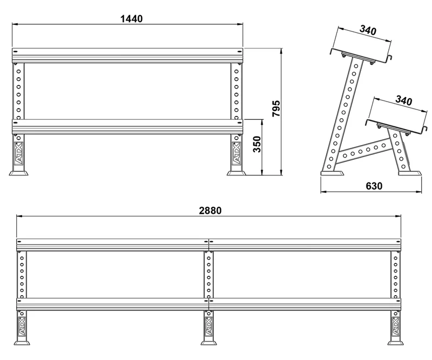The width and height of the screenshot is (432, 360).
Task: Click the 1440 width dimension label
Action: coord(132,19)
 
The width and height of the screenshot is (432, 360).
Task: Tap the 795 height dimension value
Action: coord(276,108)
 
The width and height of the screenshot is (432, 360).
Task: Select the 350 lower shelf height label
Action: coord(257,144)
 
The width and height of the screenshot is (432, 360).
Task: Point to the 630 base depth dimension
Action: coord(374,186)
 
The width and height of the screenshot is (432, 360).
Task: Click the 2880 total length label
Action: coord(210,210)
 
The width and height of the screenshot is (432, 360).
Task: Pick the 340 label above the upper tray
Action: coord(368,30)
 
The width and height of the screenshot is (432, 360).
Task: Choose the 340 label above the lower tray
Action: coord(403,100)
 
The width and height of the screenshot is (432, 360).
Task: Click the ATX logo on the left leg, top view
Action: coord(18,154)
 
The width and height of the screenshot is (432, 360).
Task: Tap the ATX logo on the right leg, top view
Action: coord(236,154)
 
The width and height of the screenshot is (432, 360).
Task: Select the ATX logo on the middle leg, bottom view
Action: coord(208,327)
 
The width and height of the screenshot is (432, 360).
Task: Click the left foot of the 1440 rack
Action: coord(18,173)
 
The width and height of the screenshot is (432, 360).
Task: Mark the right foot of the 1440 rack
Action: coord(236,173)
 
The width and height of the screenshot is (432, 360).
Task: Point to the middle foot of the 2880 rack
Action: coord(208,343)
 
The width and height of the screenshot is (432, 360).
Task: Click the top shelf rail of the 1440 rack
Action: coord(127,56)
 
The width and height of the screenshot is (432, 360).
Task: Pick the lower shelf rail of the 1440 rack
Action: coord(127,127)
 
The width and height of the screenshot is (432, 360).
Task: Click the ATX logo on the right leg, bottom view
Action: coord(396,327)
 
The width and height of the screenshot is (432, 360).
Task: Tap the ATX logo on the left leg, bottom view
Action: coord(22,327)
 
